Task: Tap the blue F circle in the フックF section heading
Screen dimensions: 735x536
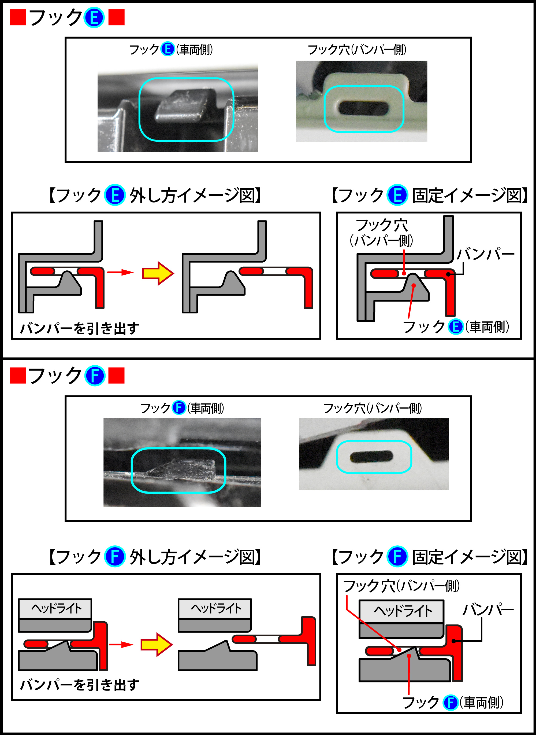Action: (95, 376)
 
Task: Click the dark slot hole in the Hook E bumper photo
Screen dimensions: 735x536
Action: (363, 108)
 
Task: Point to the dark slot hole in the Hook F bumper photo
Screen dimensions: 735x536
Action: (371, 456)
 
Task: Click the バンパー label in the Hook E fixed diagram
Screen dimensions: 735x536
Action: (485, 254)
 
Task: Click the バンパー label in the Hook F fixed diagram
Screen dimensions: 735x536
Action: (488, 610)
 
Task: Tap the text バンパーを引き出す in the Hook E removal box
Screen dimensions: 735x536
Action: (80, 328)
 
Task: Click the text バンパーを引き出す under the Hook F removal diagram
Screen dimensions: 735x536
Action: (80, 685)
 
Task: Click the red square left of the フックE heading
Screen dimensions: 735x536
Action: (18, 17)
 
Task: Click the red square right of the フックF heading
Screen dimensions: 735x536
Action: (117, 376)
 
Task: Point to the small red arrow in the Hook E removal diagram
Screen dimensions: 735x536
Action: (120, 272)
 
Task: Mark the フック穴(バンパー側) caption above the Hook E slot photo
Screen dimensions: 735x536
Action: (357, 50)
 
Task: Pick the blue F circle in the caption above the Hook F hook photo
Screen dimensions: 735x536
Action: (178, 408)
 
